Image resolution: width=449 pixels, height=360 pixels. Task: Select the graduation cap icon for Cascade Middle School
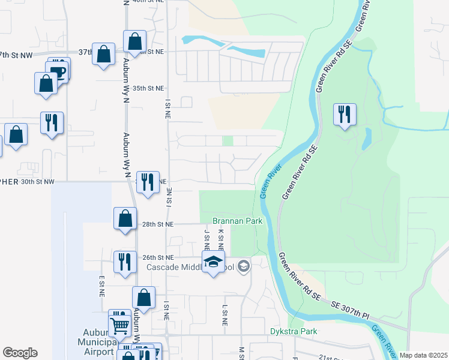pos(213,263)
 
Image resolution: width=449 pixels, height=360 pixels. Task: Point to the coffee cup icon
pos(58,70)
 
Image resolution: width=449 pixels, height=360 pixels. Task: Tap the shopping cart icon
pos(120,326)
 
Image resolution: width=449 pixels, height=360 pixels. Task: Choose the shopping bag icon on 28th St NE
pos(125,219)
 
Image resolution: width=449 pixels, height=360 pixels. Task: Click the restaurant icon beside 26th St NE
pos(125,262)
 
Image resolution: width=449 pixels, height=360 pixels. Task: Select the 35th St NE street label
pos(148,88)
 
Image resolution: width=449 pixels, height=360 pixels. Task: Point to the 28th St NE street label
pos(158,224)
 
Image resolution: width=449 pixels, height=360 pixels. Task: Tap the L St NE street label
pos(225,315)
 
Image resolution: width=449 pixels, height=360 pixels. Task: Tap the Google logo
pos(20,353)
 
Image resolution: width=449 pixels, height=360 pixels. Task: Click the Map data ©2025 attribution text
pos(423,355)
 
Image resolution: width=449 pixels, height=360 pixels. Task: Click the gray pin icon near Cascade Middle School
pos(243,266)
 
